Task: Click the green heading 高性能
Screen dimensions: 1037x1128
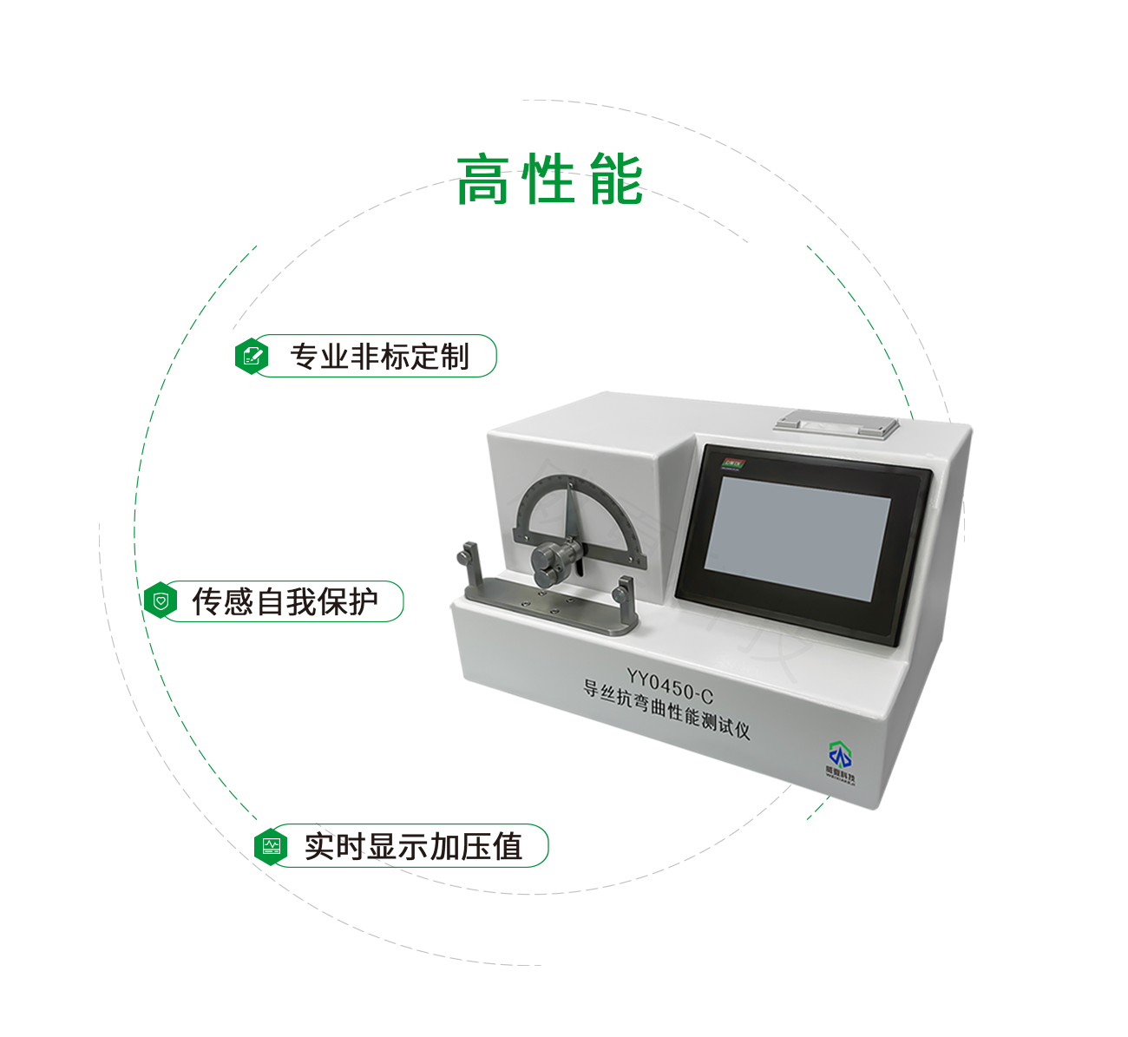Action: coord(549,180)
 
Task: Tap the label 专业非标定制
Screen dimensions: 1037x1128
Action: coord(379,357)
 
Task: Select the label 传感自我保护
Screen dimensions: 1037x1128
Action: coord(285,601)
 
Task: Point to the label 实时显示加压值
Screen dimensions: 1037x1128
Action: coord(413,846)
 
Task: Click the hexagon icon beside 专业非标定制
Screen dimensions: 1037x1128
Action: coord(252,356)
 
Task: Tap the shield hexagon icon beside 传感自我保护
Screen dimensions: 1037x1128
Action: coord(161,601)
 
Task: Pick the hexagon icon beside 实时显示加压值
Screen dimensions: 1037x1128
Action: coord(271,845)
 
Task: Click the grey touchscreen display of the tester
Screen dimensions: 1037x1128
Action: coord(797,539)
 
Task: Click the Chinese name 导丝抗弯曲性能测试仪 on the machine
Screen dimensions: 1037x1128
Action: coord(666,711)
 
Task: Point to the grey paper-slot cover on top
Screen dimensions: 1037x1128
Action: coord(836,424)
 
